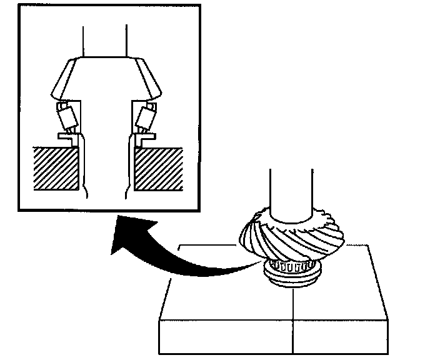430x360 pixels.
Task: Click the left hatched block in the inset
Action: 54,167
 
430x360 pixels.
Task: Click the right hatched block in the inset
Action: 157,167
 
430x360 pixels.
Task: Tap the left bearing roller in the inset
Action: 64,116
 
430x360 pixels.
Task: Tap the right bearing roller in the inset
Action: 146,116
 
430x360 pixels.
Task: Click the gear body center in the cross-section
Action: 105,81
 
